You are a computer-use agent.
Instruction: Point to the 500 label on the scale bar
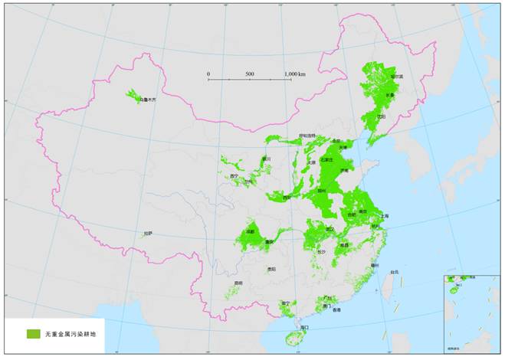tap(250, 74)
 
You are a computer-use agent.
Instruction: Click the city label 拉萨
tap(147, 233)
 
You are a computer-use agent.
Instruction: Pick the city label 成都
tap(251, 231)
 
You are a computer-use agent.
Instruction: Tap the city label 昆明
tap(238, 283)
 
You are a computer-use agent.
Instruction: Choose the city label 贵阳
tap(271, 269)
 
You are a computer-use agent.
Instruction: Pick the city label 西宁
tap(234, 175)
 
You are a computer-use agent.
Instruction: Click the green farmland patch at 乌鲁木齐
tap(134, 97)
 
